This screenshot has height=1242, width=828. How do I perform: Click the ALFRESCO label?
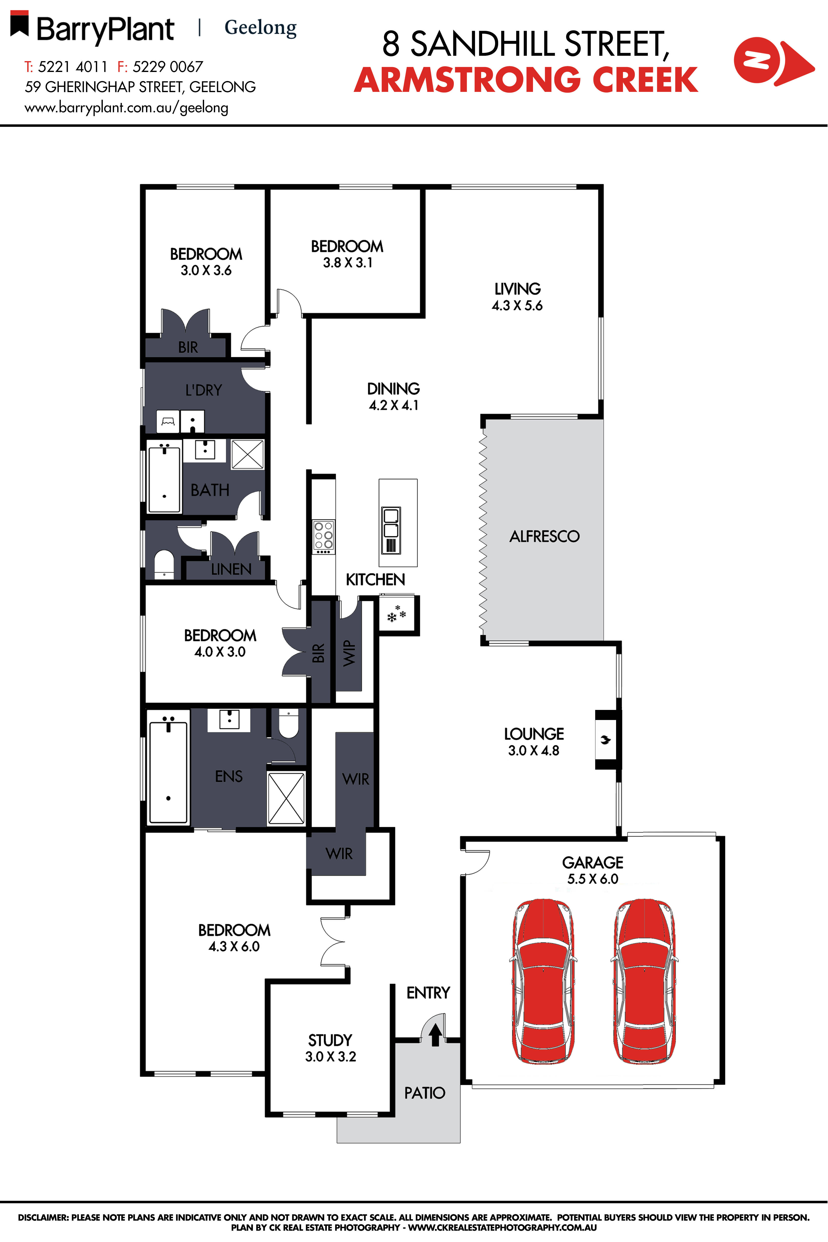point(545,536)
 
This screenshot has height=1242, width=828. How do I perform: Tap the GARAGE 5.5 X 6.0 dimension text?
point(592,878)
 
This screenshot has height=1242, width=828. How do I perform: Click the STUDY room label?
point(330,1040)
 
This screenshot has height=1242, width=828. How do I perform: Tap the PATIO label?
point(425,1093)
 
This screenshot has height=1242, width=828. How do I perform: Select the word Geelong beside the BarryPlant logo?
point(260,28)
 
